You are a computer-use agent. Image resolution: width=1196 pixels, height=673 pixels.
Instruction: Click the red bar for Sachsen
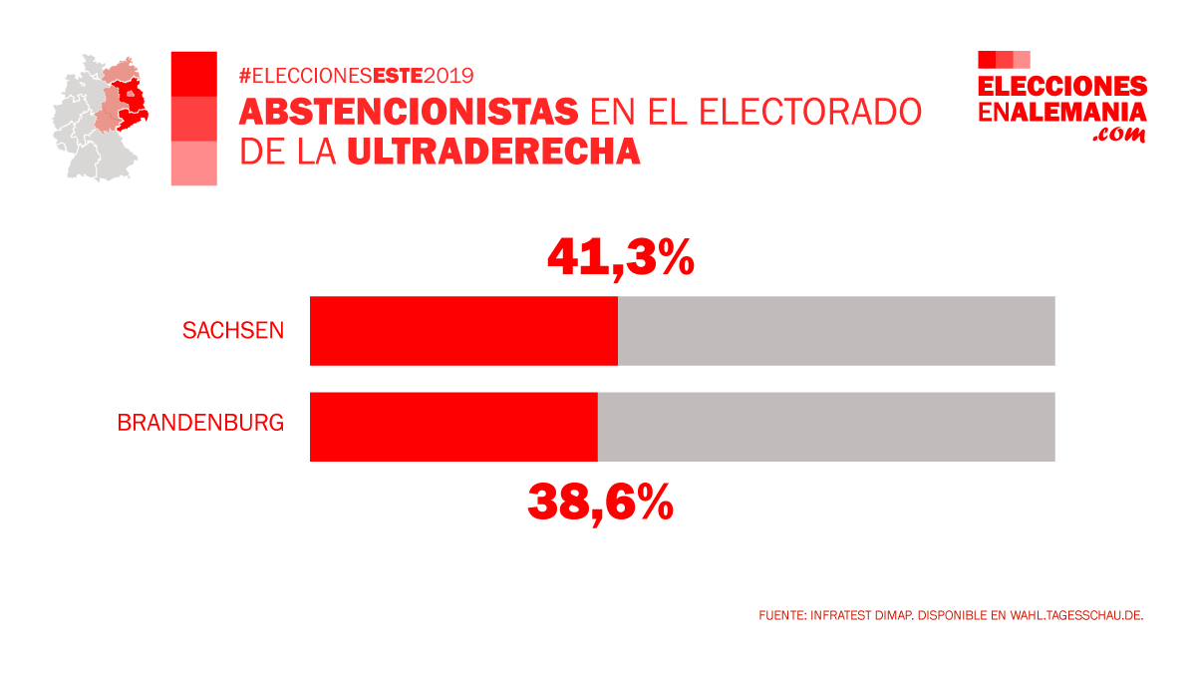pyautogui.click(x=463, y=331)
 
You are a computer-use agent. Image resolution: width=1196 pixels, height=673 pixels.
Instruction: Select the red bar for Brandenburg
pyautogui.click(x=453, y=427)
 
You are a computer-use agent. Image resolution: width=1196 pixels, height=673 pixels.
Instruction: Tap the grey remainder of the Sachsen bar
pyautogui.click(x=835, y=331)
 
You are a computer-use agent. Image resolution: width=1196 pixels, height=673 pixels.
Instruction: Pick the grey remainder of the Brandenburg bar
pyautogui.click(x=825, y=427)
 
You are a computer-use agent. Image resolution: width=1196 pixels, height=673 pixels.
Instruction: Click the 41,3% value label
pyautogui.click(x=620, y=258)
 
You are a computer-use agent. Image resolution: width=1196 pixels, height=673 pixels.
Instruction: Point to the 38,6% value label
pyautogui.click(x=600, y=503)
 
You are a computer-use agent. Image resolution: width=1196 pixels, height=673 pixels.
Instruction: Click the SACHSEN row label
pyautogui.click(x=233, y=331)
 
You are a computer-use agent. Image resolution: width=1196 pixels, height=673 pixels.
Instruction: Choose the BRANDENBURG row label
pyautogui.click(x=200, y=423)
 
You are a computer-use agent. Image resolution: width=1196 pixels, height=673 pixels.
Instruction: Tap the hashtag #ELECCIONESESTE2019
pyautogui.click(x=356, y=75)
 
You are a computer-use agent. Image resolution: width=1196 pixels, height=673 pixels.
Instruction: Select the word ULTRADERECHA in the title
pyautogui.click(x=493, y=151)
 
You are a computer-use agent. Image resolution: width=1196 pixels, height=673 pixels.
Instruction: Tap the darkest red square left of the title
pyautogui.click(x=194, y=74)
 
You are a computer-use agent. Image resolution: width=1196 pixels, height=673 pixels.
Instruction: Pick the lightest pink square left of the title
pyautogui.click(x=194, y=163)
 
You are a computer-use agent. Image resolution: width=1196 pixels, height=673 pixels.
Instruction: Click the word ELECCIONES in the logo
pyautogui.click(x=1062, y=87)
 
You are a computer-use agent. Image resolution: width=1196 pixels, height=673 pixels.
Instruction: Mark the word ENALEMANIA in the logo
pyautogui.click(x=1062, y=112)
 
